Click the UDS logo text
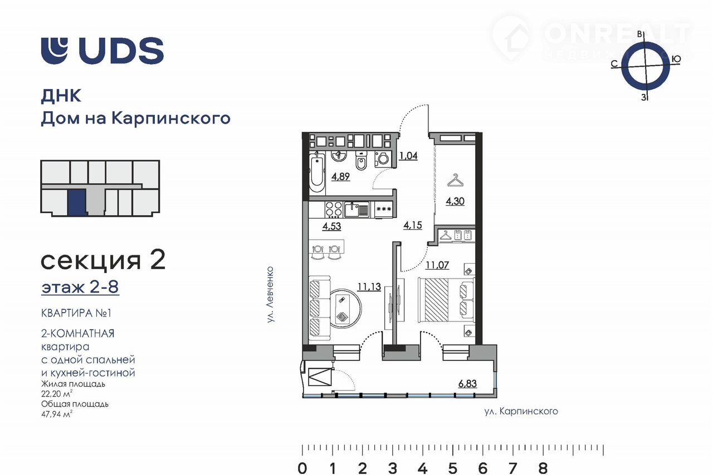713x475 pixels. tap(121, 51)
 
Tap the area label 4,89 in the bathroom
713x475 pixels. tap(340, 176)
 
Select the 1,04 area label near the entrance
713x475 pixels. tap(408, 156)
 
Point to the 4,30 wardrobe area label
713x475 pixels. tap(455, 201)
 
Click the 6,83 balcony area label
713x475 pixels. tap(467, 384)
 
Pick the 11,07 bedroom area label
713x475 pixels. tap(437, 265)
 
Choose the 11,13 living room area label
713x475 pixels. tap(369, 287)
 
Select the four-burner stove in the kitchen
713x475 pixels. tap(334, 210)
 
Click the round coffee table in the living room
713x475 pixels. tap(345, 308)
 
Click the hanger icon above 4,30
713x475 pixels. tap(456, 180)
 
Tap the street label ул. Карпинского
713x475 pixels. tap(521, 412)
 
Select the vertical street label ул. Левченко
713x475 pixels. tap(270, 295)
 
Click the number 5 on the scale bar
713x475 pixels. tap(453, 468)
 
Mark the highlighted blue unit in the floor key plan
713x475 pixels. tap(77, 202)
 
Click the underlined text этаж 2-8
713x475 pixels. tap(80, 287)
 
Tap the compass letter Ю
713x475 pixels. tap(676, 59)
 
